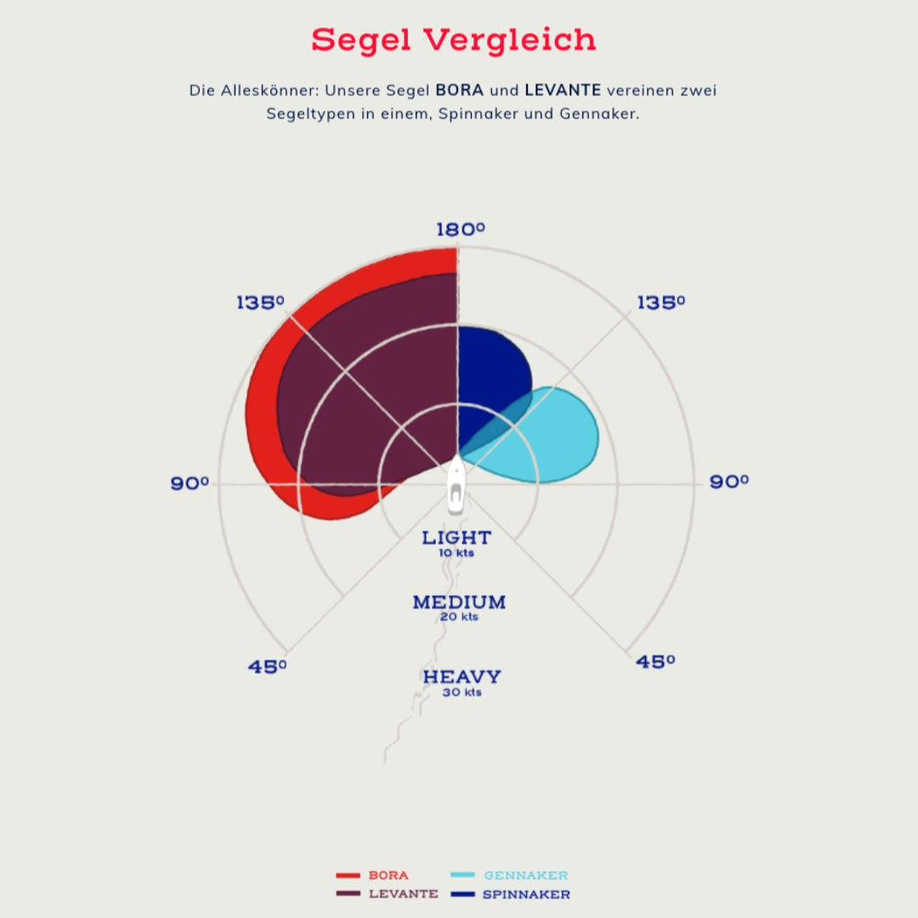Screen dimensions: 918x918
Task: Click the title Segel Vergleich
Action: (x=453, y=40)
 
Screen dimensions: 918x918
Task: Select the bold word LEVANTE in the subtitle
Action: (x=563, y=90)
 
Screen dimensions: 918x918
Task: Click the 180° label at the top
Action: (x=460, y=229)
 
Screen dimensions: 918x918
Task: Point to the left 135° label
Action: (x=259, y=303)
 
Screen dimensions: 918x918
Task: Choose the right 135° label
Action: (x=660, y=303)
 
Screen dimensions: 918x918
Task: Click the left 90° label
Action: (x=190, y=484)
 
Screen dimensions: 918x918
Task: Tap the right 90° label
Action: (x=729, y=482)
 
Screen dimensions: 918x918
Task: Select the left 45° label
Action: (x=267, y=666)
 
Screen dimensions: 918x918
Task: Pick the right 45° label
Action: (x=655, y=661)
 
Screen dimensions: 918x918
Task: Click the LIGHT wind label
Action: (x=456, y=538)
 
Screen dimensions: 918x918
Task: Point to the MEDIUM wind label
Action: (x=459, y=603)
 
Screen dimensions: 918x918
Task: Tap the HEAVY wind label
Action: (x=462, y=677)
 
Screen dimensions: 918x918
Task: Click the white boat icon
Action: (x=456, y=486)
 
